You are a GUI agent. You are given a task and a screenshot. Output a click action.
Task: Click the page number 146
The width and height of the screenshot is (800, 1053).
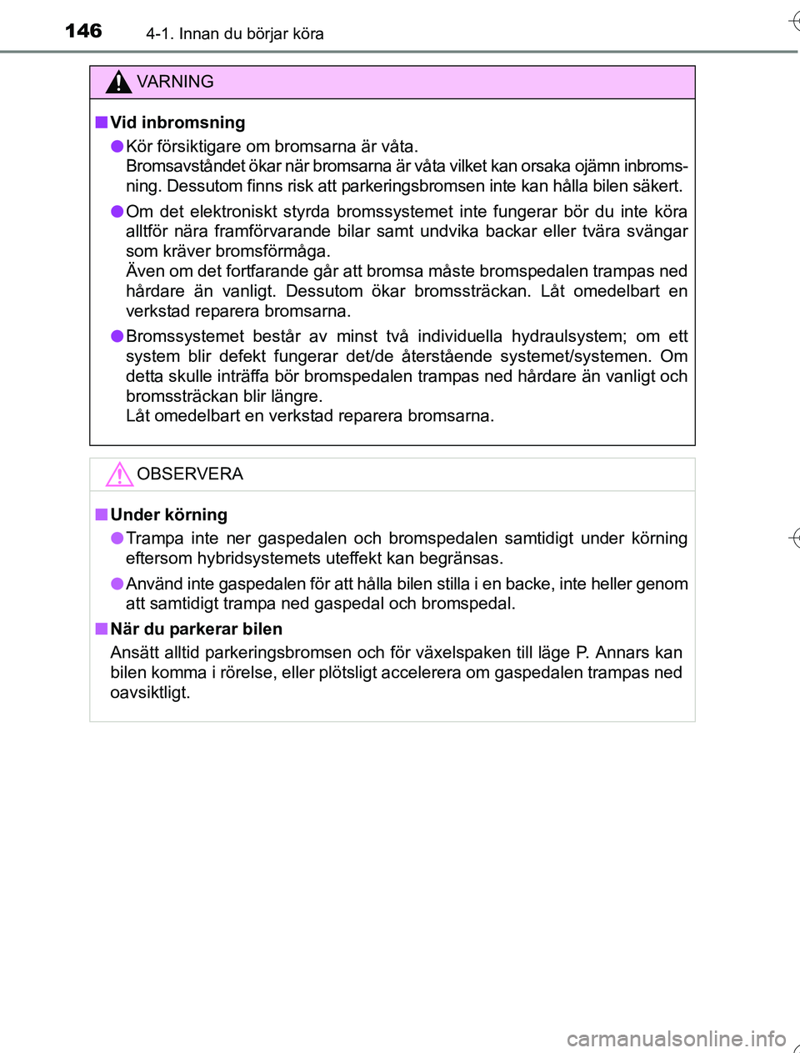pos(83,31)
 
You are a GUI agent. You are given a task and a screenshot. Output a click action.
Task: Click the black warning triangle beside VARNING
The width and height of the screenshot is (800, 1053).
pos(119,83)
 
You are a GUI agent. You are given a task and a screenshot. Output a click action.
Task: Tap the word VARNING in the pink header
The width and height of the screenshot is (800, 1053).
pos(175,82)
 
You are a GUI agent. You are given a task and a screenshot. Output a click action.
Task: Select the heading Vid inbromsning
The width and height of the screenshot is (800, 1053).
pos(177,123)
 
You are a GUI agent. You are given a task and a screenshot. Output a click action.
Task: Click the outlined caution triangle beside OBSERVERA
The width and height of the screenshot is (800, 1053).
pos(119,474)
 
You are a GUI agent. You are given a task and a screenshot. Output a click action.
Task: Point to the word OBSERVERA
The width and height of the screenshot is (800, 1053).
pos(190,474)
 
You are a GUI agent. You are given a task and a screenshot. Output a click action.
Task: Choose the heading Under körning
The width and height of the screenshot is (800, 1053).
pos(168,514)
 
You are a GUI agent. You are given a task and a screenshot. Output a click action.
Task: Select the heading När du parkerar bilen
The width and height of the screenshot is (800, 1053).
pos(196,629)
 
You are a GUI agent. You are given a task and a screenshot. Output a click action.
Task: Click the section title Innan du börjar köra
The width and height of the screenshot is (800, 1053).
pos(251,34)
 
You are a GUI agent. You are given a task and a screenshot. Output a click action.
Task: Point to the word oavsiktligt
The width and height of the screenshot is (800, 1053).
pos(150,692)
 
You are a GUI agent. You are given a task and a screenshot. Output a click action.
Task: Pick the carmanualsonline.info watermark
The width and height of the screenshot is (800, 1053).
pos(676,1039)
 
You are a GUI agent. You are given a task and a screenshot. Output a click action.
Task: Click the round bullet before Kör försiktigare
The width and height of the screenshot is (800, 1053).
pos(117,147)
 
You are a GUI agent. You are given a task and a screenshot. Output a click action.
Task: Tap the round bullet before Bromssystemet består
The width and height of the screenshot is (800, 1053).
pos(117,336)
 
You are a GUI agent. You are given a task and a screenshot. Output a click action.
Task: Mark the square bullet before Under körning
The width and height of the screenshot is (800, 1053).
pos(101,514)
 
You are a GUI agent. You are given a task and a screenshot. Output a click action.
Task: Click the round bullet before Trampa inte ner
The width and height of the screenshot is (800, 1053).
pos(117,539)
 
